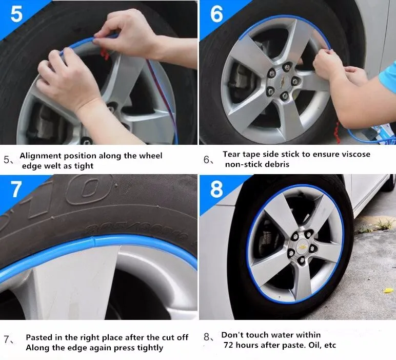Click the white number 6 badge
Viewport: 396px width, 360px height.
tap(216, 14)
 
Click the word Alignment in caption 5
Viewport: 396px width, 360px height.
tap(42, 156)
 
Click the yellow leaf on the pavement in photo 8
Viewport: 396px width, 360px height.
tap(388, 291)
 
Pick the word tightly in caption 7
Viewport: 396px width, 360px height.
tap(148, 348)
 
